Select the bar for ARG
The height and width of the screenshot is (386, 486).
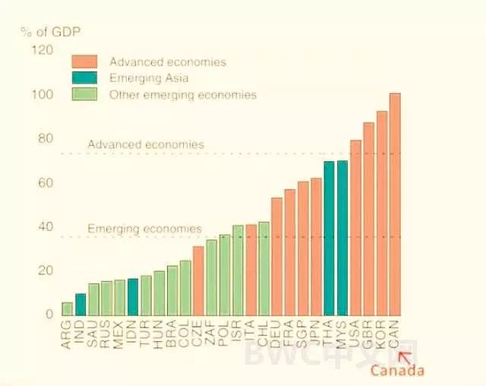tap(68, 308)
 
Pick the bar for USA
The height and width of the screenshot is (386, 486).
tap(355, 227)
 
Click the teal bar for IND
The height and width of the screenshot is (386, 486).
tap(80, 304)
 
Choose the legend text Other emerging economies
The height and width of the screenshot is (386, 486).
tap(183, 95)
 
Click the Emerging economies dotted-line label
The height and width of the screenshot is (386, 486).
tap(144, 228)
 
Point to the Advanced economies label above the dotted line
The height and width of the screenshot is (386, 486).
tap(146, 144)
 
